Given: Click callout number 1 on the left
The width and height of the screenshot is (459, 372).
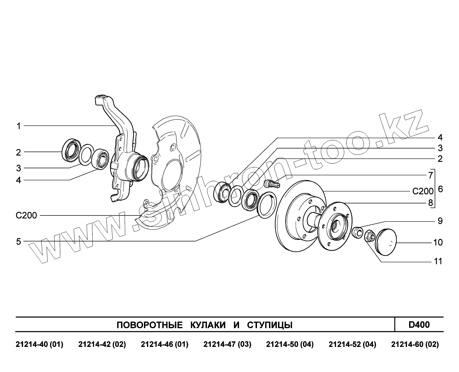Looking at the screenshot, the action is click(x=19, y=126).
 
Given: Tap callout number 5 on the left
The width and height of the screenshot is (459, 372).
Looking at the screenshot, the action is click(x=19, y=241).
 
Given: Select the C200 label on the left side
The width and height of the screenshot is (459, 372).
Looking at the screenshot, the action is click(x=26, y=215).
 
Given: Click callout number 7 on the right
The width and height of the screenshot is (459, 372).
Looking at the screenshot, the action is click(x=431, y=175).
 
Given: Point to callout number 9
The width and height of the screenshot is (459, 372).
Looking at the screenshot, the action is click(x=440, y=221).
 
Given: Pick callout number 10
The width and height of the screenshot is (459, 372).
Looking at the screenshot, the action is click(x=438, y=242).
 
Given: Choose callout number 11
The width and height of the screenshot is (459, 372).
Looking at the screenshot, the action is click(x=438, y=261).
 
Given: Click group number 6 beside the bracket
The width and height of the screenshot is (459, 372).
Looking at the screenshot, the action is click(x=440, y=189).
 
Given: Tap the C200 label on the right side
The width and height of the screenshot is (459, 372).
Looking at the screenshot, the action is click(x=423, y=191).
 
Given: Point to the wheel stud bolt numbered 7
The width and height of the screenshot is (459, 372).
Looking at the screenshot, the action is click(x=271, y=184).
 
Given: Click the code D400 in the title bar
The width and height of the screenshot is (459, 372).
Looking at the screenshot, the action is click(x=419, y=324).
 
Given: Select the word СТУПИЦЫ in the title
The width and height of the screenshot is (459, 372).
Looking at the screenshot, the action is click(x=270, y=325).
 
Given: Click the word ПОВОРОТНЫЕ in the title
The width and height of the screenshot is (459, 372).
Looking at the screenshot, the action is click(x=149, y=325).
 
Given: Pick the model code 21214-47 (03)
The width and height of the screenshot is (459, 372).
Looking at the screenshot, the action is click(x=227, y=345).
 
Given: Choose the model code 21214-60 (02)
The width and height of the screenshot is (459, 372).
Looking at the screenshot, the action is click(x=415, y=345).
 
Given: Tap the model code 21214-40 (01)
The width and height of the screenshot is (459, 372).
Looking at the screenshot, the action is click(x=40, y=345).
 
